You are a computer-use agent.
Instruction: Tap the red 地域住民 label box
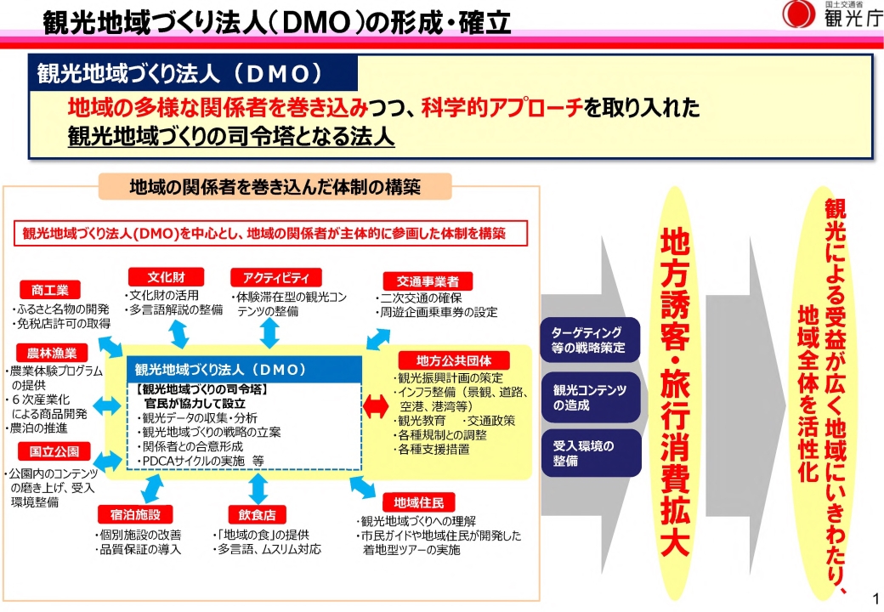pos(418,501)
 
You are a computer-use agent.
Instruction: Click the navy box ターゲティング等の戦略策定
pos(586,339)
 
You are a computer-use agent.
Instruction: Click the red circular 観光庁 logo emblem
pos(797,15)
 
